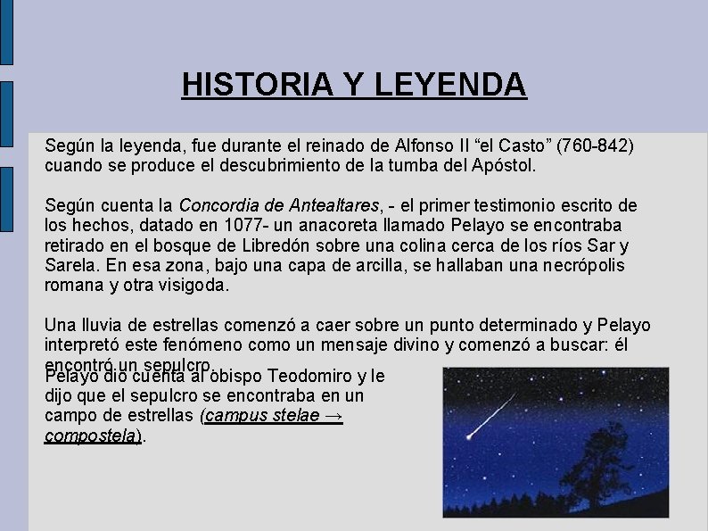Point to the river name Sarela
[x=70, y=266]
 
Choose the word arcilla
[x=336, y=266]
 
